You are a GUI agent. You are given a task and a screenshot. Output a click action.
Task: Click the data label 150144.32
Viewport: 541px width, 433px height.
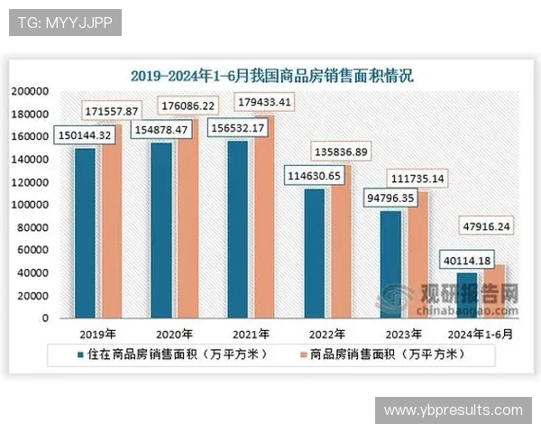pyautogui.click(x=85, y=134)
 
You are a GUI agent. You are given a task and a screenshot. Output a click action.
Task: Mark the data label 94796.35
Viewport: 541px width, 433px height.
pyautogui.click(x=388, y=197)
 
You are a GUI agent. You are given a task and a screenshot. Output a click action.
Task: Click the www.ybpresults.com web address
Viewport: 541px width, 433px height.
pyautogui.click(x=453, y=410)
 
